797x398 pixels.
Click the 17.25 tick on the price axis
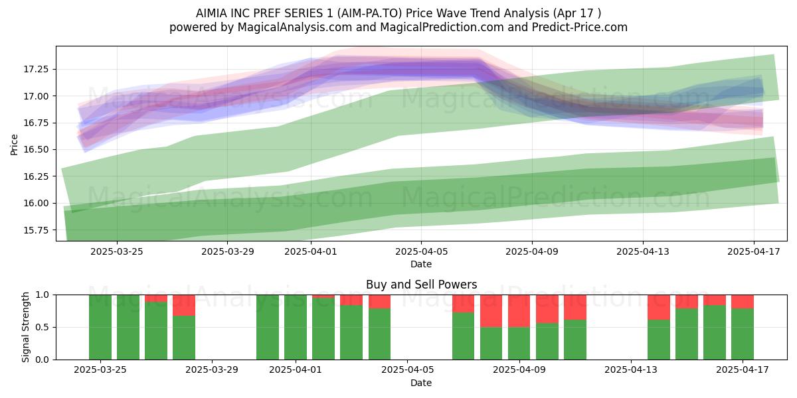(36, 69)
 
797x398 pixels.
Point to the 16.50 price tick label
(36, 150)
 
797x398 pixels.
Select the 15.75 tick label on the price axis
(36, 230)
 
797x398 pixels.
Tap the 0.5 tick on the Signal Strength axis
(42, 327)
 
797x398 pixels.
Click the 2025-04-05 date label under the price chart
(421, 251)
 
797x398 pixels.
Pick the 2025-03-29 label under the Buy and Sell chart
(212, 370)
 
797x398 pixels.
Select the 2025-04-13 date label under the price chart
(643, 251)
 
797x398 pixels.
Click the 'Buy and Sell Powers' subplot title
(421, 285)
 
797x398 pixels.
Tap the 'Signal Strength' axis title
(25, 327)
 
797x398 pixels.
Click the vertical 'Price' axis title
(14, 145)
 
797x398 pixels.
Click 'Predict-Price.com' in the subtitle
(580, 27)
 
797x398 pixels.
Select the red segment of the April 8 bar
(491, 311)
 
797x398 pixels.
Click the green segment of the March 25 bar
(100, 327)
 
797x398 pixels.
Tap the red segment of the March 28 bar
(184, 305)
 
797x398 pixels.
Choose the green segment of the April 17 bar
(743, 334)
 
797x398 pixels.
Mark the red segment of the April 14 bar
(659, 307)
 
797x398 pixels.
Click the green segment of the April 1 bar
(296, 327)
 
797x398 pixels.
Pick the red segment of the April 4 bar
(379, 302)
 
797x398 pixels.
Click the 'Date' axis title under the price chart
(421, 265)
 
